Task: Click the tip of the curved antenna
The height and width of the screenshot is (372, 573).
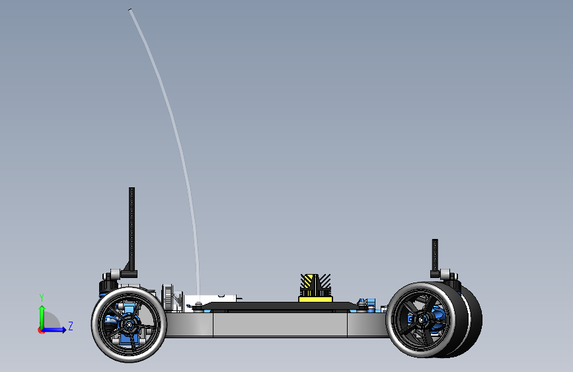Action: pos(130,10)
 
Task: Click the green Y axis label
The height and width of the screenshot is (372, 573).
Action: pos(42,298)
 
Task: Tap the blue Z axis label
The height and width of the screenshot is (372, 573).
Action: pos(71,326)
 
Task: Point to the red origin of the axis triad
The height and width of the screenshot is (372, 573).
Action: pos(41,330)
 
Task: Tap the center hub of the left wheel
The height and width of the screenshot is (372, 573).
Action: pos(129,324)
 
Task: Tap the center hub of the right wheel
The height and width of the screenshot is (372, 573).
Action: pos(422,320)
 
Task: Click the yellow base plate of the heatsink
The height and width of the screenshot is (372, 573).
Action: pos(315,299)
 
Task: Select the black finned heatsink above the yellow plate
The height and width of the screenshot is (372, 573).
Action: pos(315,285)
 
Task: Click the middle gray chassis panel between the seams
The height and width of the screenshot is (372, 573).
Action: pos(280,324)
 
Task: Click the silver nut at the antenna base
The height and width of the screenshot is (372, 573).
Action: pos(198,304)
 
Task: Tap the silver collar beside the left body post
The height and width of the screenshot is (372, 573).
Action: pos(115,273)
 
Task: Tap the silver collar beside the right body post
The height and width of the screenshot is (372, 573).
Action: pos(445,274)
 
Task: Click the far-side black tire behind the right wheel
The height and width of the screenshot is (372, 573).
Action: pos(471,320)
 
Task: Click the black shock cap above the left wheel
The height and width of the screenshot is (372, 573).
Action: pos(108,285)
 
